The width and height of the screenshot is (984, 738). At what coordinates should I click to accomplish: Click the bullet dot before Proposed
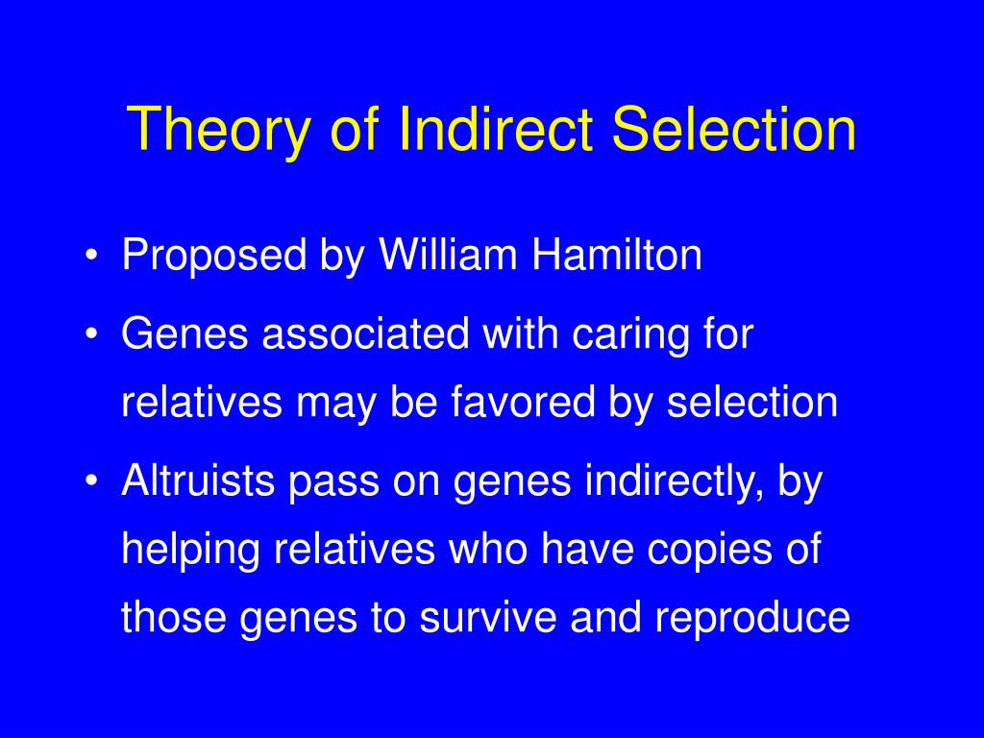(x=91, y=258)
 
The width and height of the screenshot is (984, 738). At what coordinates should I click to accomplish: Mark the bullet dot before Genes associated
(x=91, y=337)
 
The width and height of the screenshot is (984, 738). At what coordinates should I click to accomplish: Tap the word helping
(x=191, y=551)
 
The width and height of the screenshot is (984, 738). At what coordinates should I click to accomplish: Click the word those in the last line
(x=174, y=618)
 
